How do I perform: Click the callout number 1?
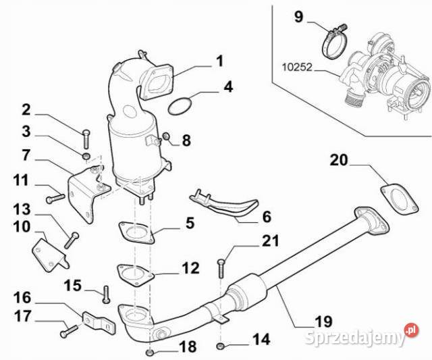pyautogui.click(x=219, y=61)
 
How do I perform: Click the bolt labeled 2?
pyautogui.click(x=86, y=138)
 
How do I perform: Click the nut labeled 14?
pyautogui.click(x=220, y=347)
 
